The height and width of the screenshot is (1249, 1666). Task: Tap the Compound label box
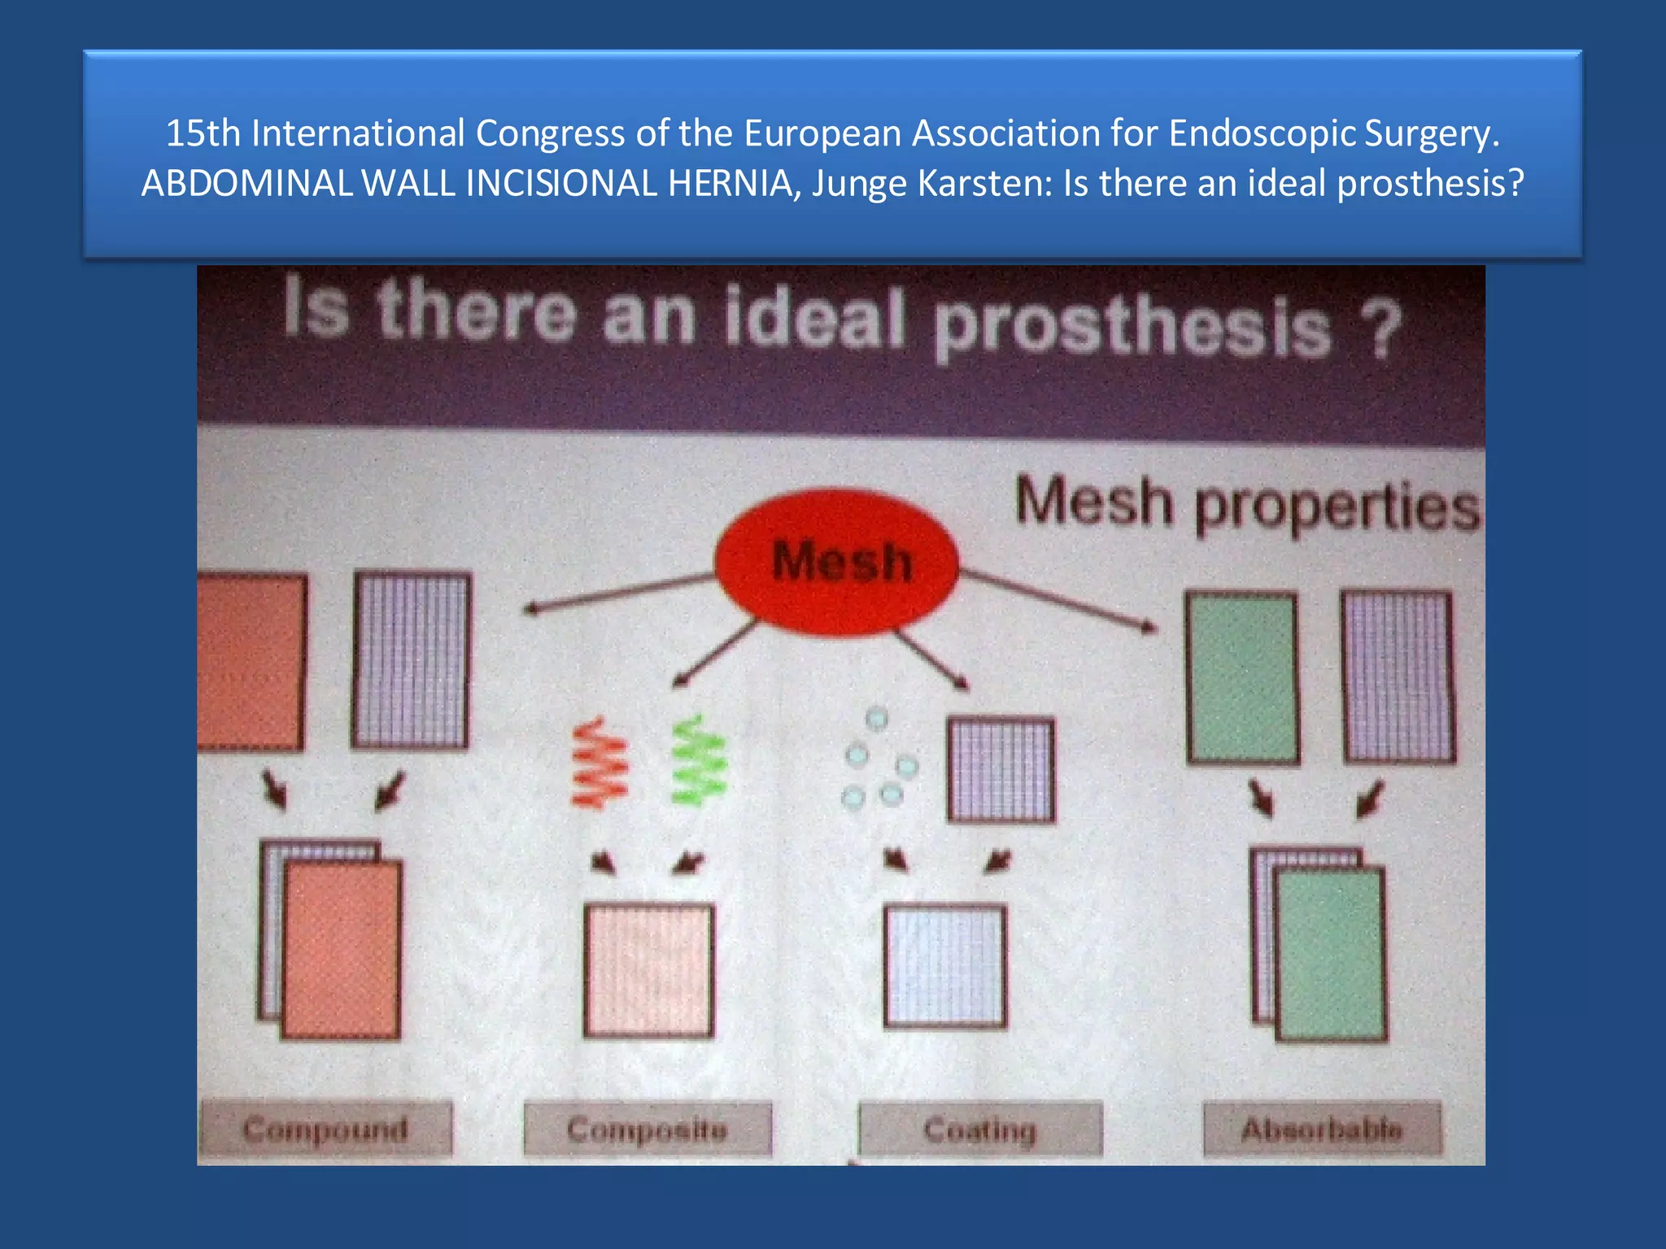point(325,1129)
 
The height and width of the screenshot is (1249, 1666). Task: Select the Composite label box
point(647,1129)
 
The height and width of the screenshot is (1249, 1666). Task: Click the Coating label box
point(980,1129)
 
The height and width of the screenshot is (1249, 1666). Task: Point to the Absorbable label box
point(1322,1129)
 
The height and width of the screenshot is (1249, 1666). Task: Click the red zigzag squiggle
point(600,763)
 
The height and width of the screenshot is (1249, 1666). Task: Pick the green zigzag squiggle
point(699,761)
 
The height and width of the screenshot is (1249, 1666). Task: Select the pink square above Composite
point(648,970)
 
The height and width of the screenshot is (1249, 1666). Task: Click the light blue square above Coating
point(945,967)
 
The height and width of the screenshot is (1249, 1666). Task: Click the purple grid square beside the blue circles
point(1001,769)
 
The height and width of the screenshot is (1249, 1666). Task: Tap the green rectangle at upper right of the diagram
point(1241,678)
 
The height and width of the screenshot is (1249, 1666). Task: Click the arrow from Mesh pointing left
point(618,592)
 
